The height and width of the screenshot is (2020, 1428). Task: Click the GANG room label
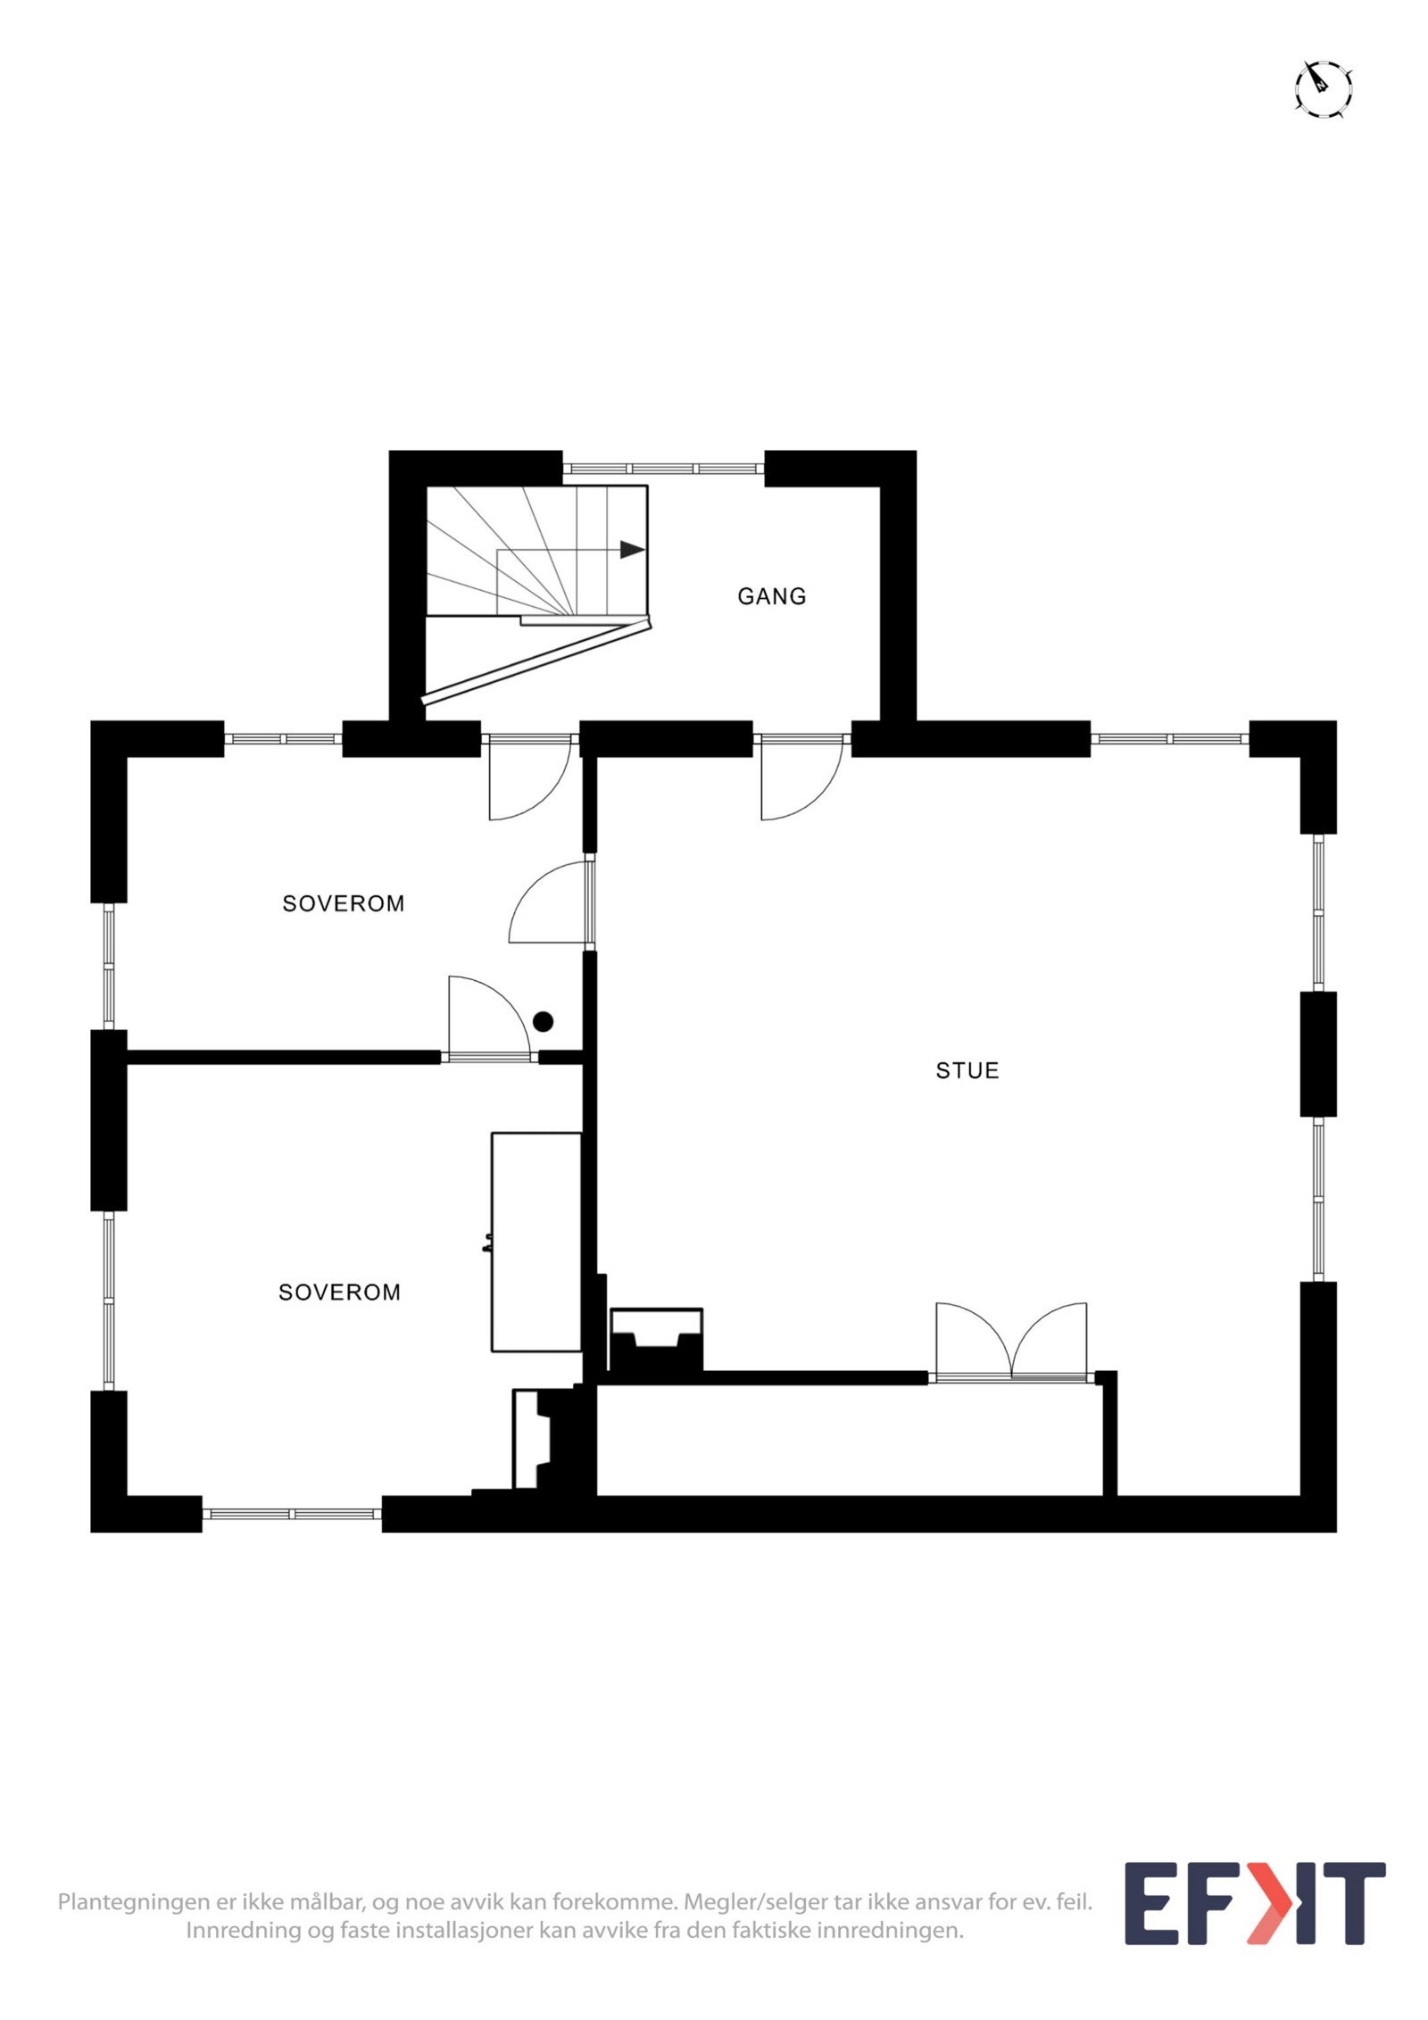tap(771, 596)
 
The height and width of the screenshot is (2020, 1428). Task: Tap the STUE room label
tap(967, 1070)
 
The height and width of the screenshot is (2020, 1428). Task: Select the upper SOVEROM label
tap(343, 903)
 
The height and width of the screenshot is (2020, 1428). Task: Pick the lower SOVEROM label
tap(339, 1292)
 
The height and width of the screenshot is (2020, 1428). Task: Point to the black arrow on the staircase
tap(632, 549)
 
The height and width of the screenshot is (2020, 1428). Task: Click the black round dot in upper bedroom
tap(543, 1021)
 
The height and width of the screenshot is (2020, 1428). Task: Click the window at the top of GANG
tap(663, 467)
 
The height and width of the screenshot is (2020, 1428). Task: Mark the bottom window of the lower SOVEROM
tap(292, 1515)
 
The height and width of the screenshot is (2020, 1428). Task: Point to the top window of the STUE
tap(1169, 739)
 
